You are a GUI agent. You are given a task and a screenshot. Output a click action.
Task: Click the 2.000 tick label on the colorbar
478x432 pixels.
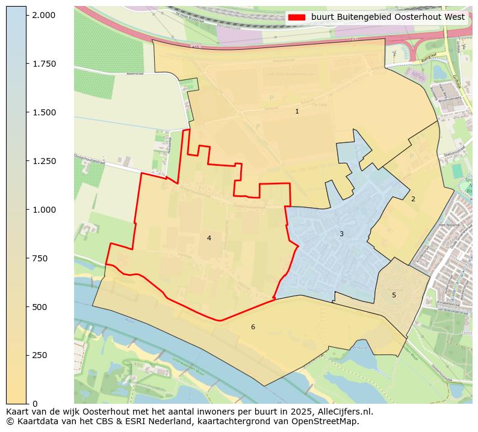(43, 15)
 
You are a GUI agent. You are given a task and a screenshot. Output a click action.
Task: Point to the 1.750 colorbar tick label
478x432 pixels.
(43, 64)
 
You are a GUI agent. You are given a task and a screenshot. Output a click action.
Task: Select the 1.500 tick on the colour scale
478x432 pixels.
(43, 112)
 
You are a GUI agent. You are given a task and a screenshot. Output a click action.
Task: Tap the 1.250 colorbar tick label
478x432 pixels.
(43, 161)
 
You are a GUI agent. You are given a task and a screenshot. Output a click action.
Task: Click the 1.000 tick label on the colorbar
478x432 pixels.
(43, 210)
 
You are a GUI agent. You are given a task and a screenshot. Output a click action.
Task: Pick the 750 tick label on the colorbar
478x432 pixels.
(39, 258)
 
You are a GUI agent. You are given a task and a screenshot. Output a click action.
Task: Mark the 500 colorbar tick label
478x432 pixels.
(39, 307)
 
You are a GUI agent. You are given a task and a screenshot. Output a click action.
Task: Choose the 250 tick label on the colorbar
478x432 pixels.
(39, 355)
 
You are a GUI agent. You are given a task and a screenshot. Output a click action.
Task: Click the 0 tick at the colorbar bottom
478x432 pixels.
(34, 404)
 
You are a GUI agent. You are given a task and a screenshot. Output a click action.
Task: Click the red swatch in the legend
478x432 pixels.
(297, 17)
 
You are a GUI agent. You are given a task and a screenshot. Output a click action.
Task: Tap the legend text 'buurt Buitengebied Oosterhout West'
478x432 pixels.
(388, 17)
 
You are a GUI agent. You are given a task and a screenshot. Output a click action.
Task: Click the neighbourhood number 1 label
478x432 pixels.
(297, 112)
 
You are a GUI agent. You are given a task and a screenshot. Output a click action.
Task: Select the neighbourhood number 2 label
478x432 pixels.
(413, 199)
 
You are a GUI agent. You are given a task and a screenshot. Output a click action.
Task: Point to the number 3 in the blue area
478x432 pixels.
(341, 234)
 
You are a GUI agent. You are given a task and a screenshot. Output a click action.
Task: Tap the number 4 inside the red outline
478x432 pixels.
(209, 238)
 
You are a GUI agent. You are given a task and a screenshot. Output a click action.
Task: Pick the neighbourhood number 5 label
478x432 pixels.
(394, 295)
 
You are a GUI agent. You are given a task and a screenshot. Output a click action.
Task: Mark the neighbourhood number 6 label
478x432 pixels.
(253, 327)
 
